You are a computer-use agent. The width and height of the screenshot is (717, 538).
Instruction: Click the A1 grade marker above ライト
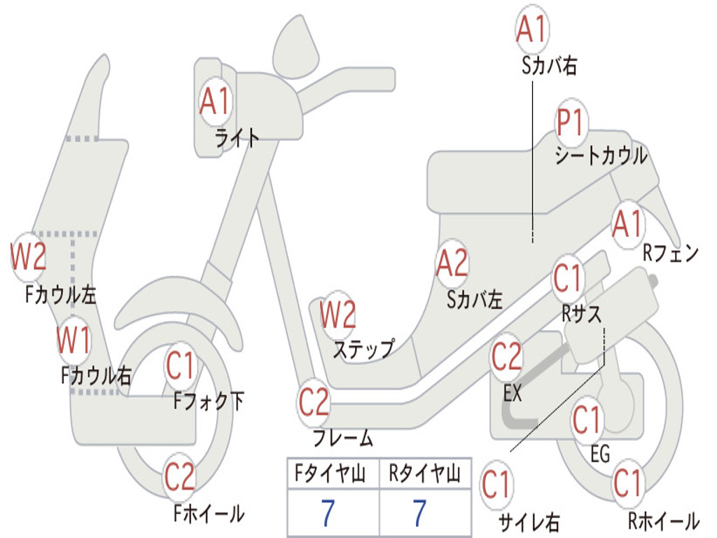[214, 102]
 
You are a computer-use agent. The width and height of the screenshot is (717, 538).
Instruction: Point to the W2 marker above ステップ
[337, 315]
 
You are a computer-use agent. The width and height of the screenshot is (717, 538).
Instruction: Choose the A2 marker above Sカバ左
[452, 263]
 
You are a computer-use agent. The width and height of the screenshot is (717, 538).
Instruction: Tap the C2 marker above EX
[506, 357]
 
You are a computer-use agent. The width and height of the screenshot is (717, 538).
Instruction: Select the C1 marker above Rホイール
[627, 483]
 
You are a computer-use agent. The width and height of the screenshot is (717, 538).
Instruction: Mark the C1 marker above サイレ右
[496, 485]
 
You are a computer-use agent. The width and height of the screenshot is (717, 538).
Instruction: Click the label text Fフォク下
[209, 401]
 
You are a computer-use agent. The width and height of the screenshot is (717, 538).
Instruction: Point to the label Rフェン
[671, 254]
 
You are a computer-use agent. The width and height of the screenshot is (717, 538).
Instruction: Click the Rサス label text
[581, 314]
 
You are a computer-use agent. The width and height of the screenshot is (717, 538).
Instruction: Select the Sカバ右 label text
[549, 67]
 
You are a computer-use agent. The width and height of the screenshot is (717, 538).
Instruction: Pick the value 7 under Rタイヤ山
[419, 513]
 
